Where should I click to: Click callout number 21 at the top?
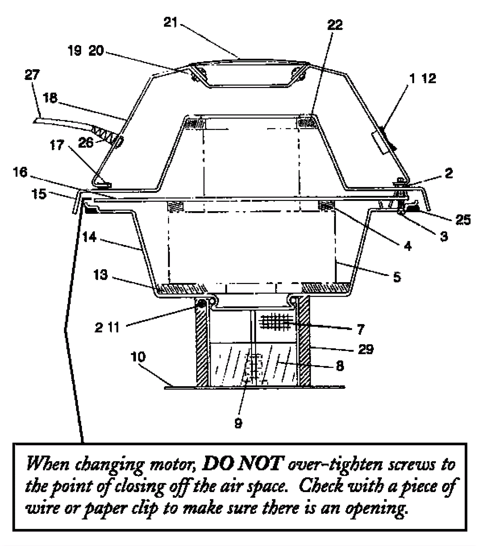tap(171, 23)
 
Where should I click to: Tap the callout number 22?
tap(335, 25)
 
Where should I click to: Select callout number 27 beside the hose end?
tap(32, 75)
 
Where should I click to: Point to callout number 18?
tap(50, 98)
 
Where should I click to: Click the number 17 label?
tap(57, 145)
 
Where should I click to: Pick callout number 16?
tap(20, 172)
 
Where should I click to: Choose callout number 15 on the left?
tap(39, 194)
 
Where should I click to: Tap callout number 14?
tap(90, 237)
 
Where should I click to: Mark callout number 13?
tap(100, 275)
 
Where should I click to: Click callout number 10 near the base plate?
tap(138, 357)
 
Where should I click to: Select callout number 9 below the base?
tap(238, 423)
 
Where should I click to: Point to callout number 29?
tap(366, 349)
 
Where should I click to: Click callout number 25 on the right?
tap(462, 220)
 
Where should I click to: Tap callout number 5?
tap(397, 277)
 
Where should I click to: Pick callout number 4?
tap(407, 246)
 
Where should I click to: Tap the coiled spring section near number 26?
tap(104, 134)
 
